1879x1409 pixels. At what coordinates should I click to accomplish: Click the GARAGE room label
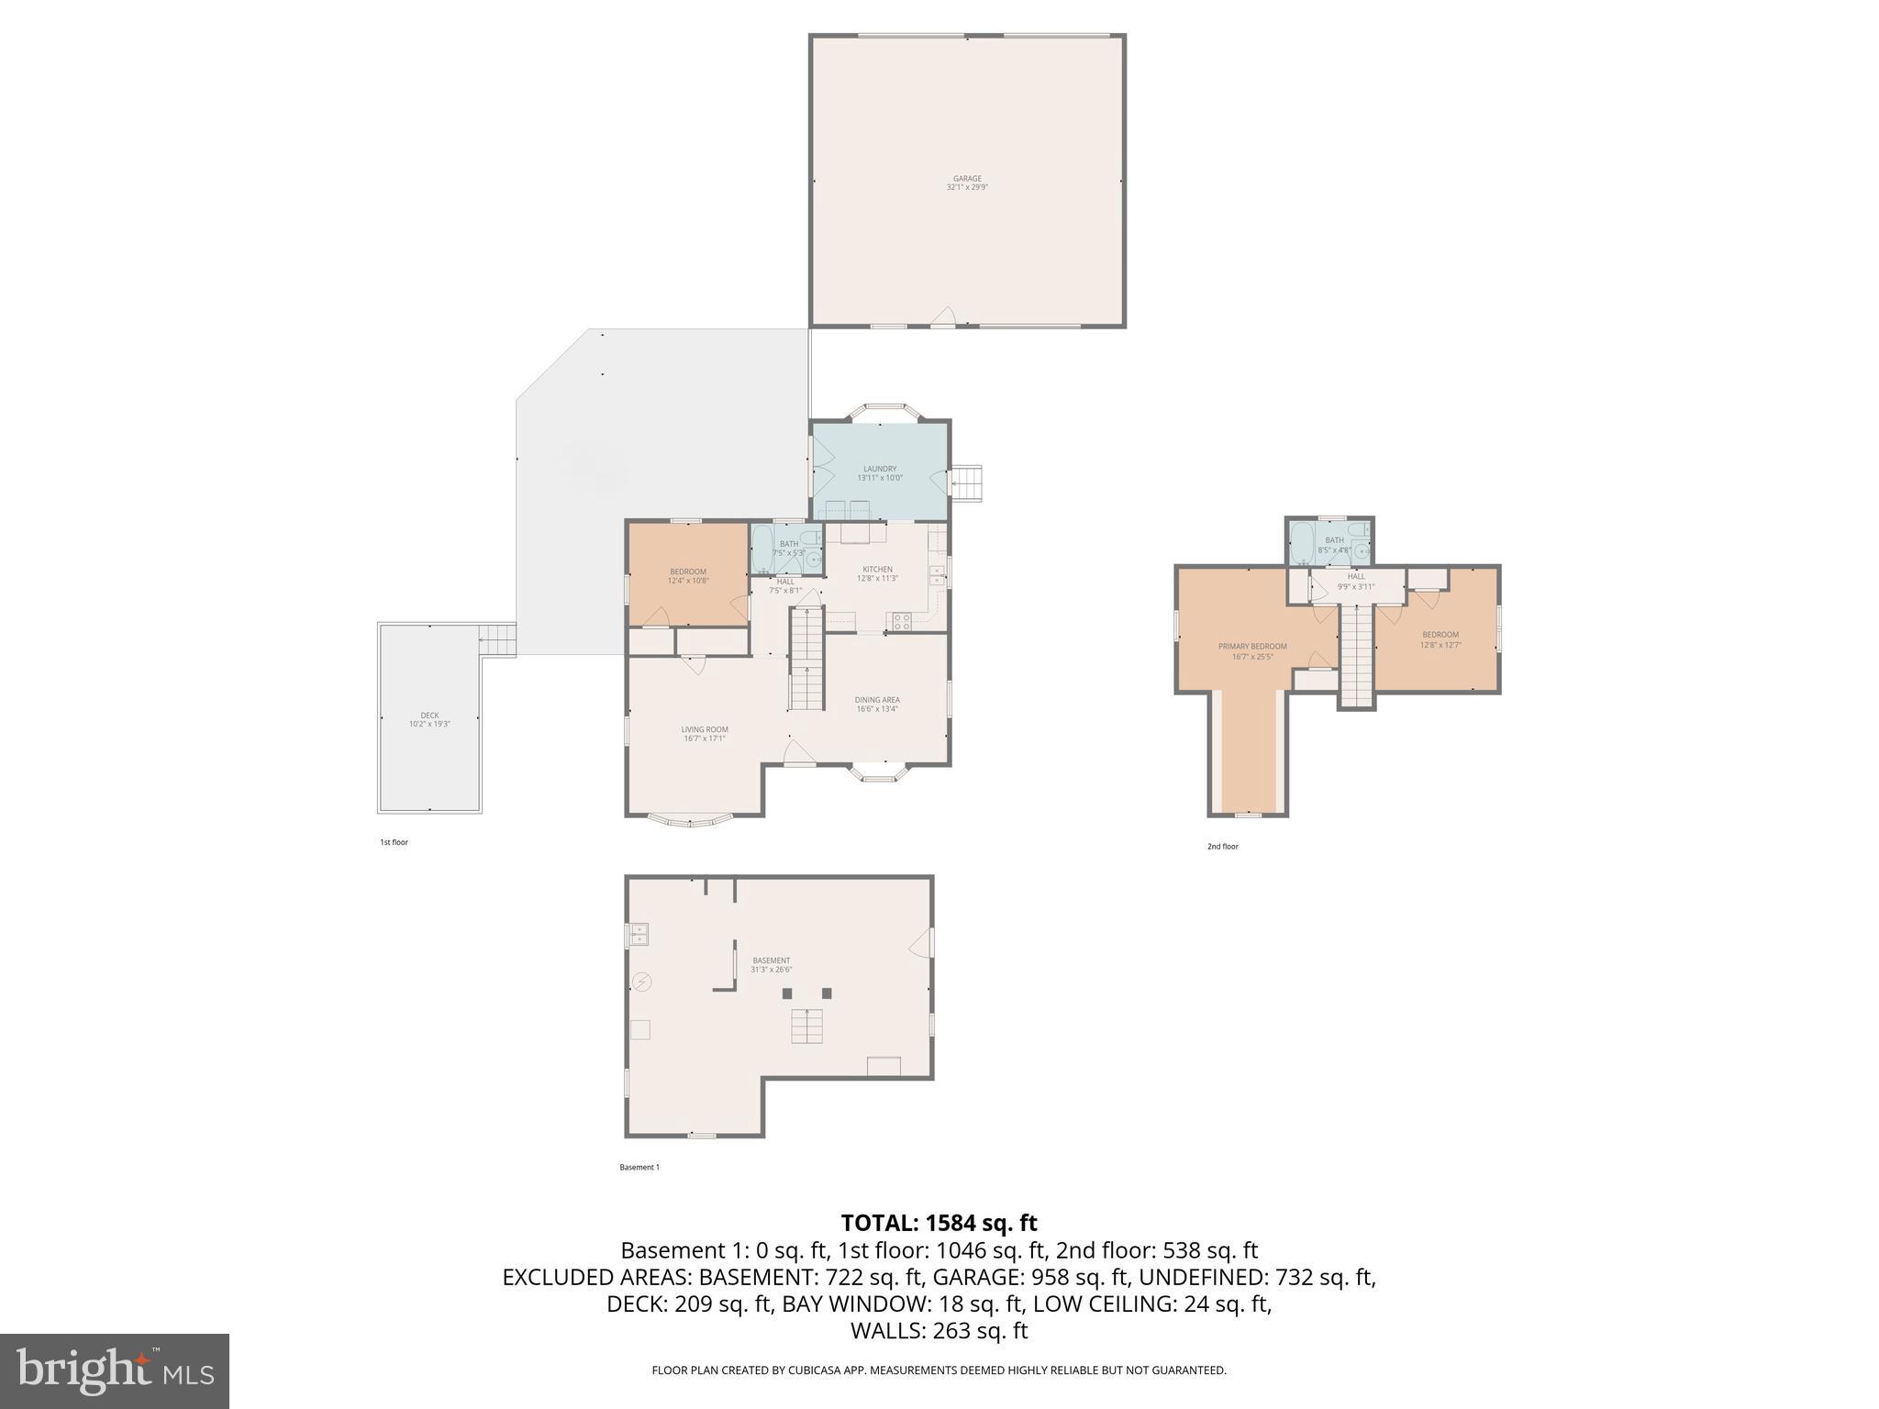[x=967, y=179]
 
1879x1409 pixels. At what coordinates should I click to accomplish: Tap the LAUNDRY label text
[x=880, y=469]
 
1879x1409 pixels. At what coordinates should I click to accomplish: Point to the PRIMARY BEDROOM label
[x=1252, y=646]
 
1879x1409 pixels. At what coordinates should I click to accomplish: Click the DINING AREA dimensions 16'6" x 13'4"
[x=877, y=708]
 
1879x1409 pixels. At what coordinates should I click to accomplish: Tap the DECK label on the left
[x=429, y=716]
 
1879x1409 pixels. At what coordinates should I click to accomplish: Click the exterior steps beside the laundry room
[x=967, y=483]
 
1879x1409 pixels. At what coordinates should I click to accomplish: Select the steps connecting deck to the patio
[x=496, y=638]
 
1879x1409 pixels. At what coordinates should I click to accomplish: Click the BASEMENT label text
[x=771, y=960]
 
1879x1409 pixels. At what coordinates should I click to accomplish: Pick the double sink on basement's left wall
[x=639, y=935]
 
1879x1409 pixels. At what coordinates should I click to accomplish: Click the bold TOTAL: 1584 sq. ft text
[x=939, y=1223]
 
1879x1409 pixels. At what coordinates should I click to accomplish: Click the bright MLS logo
[x=115, y=1370]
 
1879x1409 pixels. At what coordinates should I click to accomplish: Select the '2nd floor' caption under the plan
[x=1222, y=847]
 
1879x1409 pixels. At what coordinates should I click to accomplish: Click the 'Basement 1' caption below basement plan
[x=639, y=1168]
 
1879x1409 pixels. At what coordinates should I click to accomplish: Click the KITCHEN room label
[x=877, y=570]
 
